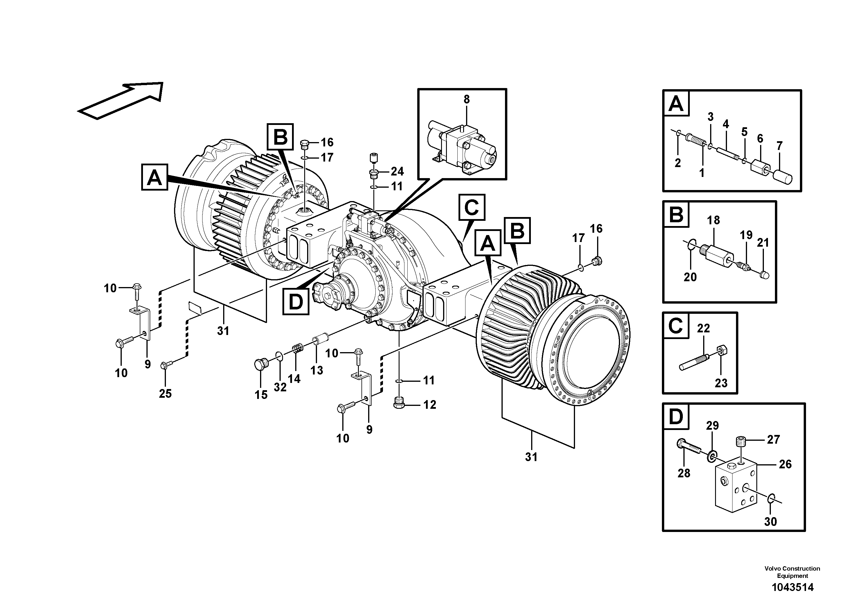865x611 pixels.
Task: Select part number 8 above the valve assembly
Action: coord(466,99)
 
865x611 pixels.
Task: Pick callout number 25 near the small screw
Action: coord(165,394)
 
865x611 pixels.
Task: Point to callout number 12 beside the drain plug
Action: coord(429,405)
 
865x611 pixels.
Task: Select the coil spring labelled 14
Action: coord(298,349)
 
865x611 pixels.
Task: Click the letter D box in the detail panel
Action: coord(676,417)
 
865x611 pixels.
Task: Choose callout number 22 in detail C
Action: coord(703,328)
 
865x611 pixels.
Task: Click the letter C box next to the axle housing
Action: coord(472,207)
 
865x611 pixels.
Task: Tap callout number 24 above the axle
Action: coord(397,171)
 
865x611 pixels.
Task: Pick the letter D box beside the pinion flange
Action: coord(296,301)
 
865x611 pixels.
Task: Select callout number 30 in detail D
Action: coord(771,522)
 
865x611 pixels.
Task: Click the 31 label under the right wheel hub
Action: coord(531,457)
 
